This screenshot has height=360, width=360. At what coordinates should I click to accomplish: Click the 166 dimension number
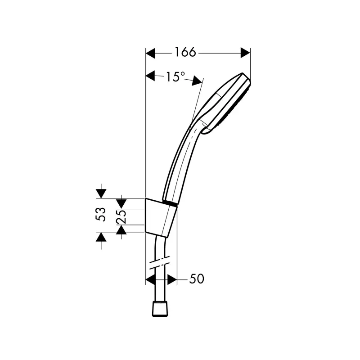[x=185, y=52]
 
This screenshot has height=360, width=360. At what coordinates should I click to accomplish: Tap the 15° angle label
[x=175, y=76]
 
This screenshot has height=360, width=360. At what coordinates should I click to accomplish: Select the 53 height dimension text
[x=101, y=215]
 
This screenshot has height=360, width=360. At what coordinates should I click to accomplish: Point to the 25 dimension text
[x=121, y=216]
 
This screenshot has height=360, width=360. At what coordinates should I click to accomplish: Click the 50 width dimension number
[x=197, y=279]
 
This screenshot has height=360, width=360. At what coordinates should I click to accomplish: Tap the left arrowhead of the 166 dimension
[x=151, y=53]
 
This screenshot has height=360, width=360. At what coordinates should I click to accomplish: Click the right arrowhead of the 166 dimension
[x=245, y=53]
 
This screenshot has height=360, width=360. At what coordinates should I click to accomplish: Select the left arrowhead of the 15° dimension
[x=151, y=76]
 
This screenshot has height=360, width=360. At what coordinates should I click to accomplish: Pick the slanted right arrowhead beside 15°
[x=197, y=81]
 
